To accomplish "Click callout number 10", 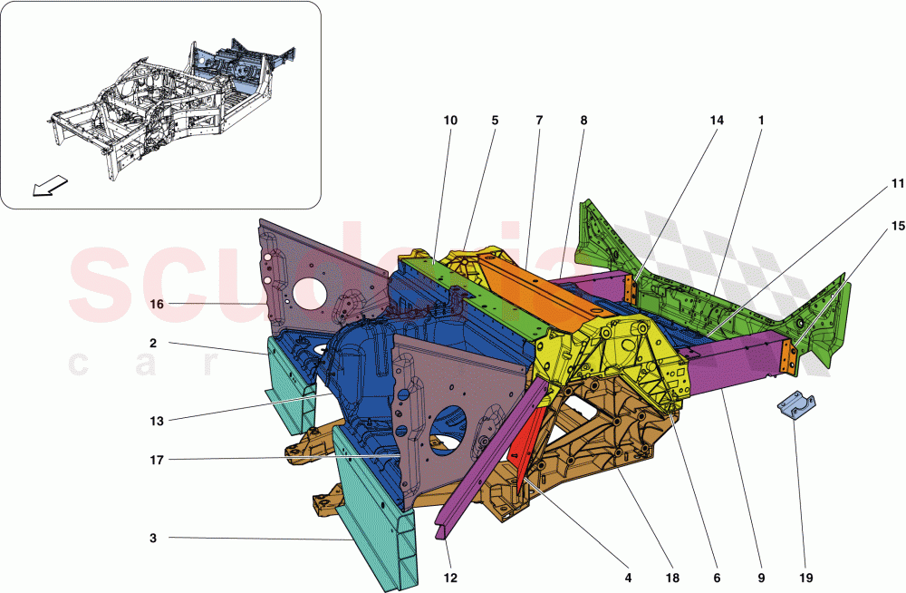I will click(450, 120).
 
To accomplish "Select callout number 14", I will click(717, 120).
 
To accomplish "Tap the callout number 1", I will click(761, 120).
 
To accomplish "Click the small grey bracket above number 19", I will click(796, 408).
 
